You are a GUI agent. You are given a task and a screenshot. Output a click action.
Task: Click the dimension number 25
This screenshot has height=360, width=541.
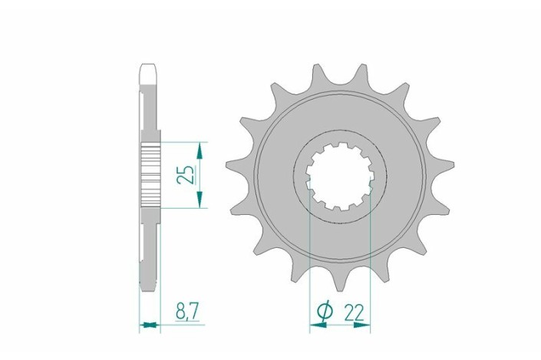pos(185,174)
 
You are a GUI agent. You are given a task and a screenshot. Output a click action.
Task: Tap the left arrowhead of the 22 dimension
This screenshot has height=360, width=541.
pos(315,325)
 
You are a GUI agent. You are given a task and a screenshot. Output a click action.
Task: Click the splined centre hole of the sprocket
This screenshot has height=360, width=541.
pos(339,175)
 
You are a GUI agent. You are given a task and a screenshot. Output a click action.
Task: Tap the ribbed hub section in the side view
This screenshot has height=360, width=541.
pos(150,174)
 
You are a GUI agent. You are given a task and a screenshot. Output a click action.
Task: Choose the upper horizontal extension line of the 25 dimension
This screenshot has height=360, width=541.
pos(184,142)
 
